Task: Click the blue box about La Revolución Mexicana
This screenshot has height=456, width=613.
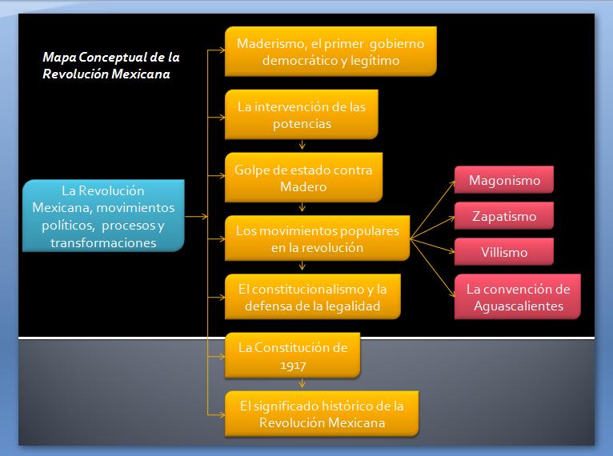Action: click(x=103, y=215)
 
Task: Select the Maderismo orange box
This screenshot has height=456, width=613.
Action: click(x=331, y=51)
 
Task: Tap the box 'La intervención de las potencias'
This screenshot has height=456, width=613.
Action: click(x=301, y=114)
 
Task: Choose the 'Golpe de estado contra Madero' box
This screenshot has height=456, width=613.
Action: click(x=304, y=178)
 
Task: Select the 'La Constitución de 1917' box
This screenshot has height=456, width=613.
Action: click(x=292, y=356)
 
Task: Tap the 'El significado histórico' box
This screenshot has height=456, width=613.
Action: click(x=322, y=414)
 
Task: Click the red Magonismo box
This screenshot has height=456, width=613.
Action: click(x=503, y=181)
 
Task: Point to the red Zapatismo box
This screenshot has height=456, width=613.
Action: click(x=503, y=216)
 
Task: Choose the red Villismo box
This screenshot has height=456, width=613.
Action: click(x=503, y=252)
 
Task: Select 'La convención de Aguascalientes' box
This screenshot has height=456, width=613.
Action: click(x=518, y=297)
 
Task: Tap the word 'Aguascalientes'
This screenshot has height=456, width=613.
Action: click(x=518, y=306)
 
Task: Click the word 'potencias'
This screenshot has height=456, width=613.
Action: click(x=301, y=124)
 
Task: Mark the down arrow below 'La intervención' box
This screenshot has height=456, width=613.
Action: click(x=302, y=145)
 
